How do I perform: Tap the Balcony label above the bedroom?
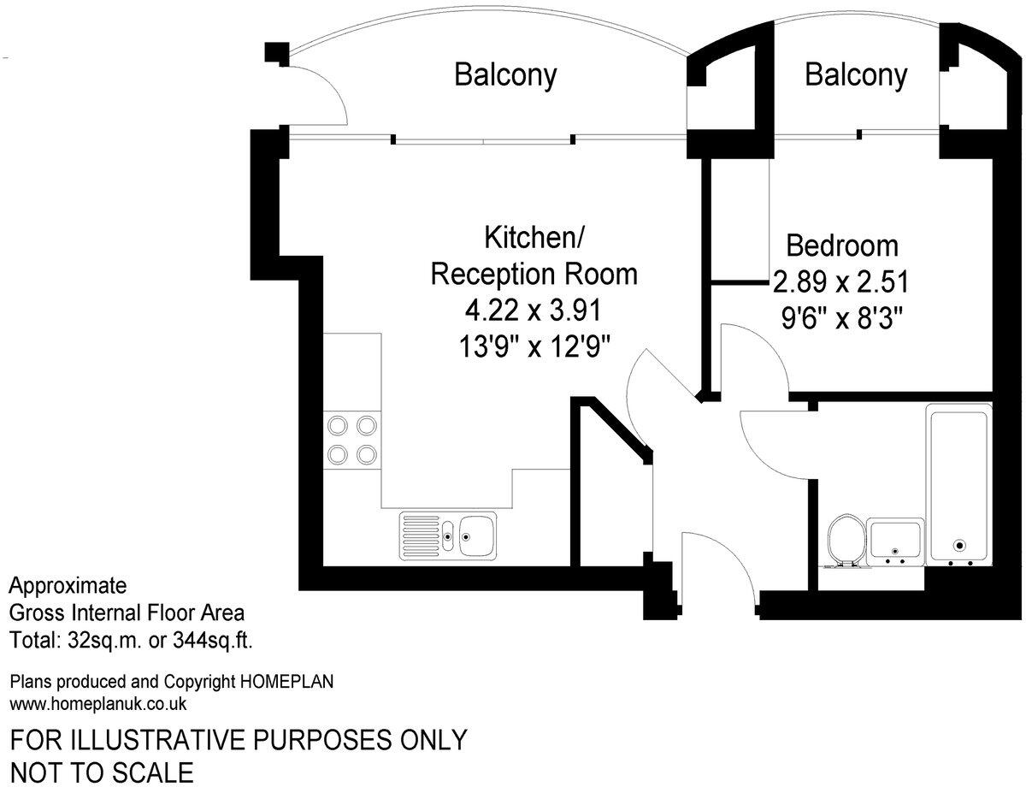point(855,75)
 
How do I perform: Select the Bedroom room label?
point(842,246)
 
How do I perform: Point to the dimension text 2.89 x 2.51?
point(840,281)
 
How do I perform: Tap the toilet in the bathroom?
point(845,538)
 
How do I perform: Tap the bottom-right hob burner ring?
point(368,453)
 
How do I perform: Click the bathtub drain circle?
point(959,544)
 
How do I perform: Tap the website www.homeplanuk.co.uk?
point(97,704)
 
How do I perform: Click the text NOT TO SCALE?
point(102,772)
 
